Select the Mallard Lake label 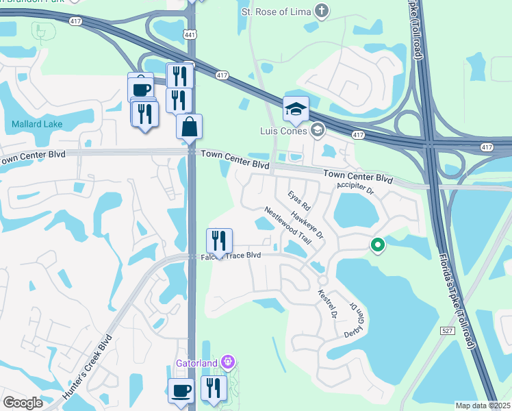[37, 124]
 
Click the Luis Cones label [283, 130]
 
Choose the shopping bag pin [189, 127]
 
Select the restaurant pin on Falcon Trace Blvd [220, 241]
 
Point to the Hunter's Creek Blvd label [87, 367]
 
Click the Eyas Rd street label [300, 200]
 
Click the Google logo [23, 403]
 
